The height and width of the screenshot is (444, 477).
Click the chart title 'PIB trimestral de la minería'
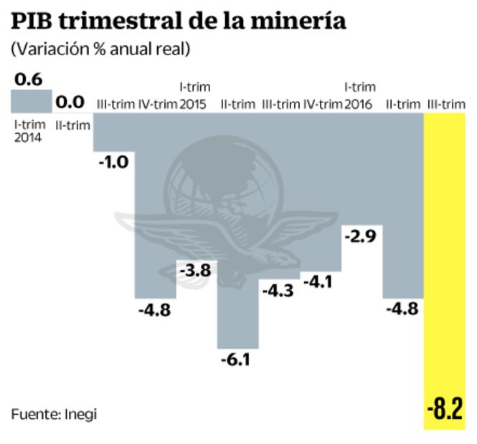click(x=178, y=21)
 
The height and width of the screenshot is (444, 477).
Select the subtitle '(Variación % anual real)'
click(x=100, y=49)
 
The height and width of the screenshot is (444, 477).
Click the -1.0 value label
click(x=113, y=162)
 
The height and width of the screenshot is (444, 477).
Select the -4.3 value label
click(x=278, y=291)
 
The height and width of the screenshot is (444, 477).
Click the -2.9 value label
click(x=360, y=236)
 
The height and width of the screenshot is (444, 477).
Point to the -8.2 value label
click(x=445, y=411)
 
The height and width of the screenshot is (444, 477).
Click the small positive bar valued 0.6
click(x=30, y=101)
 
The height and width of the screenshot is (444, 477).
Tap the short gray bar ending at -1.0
click(x=113, y=132)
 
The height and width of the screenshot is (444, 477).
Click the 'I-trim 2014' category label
click(x=29, y=130)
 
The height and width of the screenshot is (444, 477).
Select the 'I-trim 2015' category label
click(x=194, y=96)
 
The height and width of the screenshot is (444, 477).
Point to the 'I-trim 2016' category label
click(x=359, y=96)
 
